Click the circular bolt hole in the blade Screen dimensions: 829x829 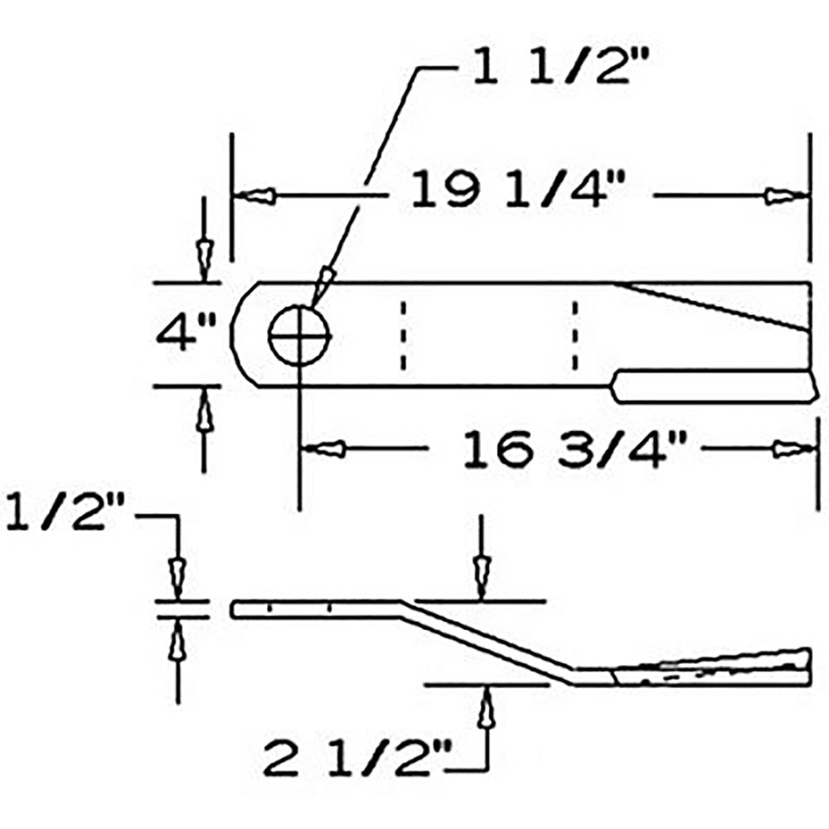point(299,337)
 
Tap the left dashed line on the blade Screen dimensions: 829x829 point(403,335)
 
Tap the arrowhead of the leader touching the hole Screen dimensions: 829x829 point(324,279)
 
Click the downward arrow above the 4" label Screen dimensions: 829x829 point(203,255)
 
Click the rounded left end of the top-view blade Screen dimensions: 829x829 point(242,335)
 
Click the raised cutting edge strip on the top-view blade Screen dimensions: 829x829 point(713,385)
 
